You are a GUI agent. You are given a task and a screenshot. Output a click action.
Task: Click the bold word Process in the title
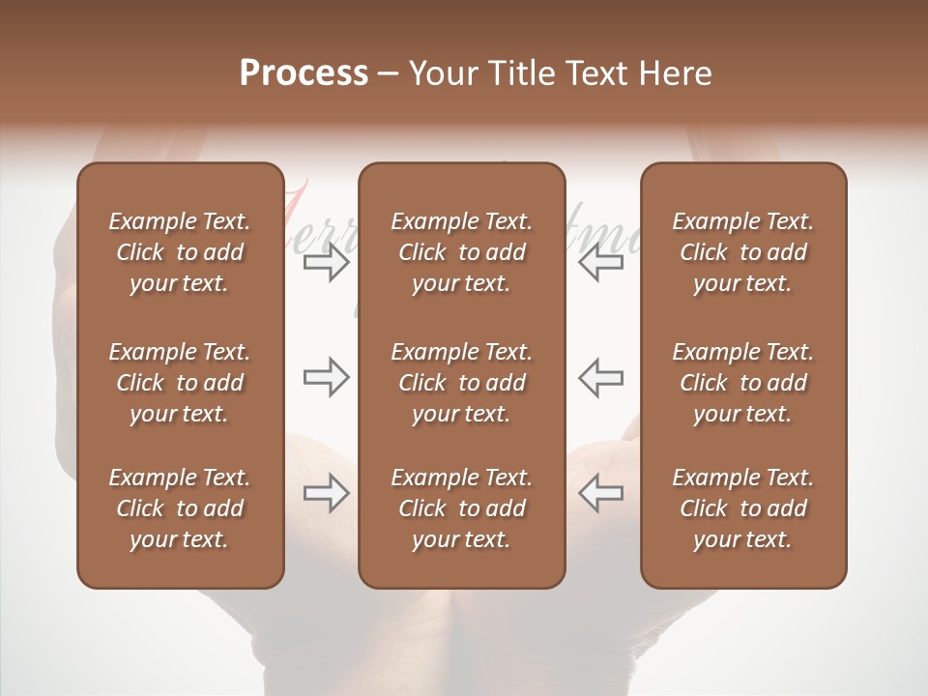coord(304,73)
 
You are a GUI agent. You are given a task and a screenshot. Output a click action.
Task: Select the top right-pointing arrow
coord(326,262)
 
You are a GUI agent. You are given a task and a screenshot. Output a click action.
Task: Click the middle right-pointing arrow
coord(326,377)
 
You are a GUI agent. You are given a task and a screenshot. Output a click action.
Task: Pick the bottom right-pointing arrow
coord(326,493)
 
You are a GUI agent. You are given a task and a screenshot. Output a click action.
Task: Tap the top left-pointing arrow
coord(600,262)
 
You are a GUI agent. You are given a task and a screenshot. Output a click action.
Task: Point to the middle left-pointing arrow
coord(600,377)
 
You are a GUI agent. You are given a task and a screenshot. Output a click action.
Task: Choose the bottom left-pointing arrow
coord(600,493)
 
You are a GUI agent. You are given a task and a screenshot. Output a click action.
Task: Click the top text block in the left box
coord(180,252)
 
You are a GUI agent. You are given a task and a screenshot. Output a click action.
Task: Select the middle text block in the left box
coord(180,383)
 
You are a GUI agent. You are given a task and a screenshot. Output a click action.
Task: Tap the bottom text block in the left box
coord(180,508)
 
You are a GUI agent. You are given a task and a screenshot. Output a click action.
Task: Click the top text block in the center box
coord(462,252)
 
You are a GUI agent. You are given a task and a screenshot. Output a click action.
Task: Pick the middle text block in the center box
coord(462,383)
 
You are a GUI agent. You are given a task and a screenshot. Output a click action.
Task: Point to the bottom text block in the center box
coord(462,508)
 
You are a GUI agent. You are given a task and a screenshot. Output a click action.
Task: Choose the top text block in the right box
coord(743,252)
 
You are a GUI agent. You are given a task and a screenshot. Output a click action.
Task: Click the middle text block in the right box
coord(743,383)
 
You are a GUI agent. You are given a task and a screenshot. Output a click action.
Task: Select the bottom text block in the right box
coord(743,508)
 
